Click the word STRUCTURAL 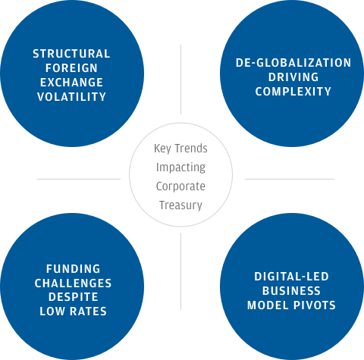click(x=71, y=54)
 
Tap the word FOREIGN click(x=71, y=68)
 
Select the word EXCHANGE click(x=71, y=83)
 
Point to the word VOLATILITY click(x=71, y=97)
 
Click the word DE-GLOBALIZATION click(x=293, y=63)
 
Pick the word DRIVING click(x=293, y=77)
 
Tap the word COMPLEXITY click(x=293, y=92)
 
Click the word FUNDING click(x=74, y=269)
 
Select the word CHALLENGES click(x=74, y=283)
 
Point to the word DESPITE click(x=74, y=297)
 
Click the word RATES click(x=88, y=311)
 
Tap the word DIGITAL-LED click(x=291, y=277)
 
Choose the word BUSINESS click(x=291, y=291)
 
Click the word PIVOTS click(x=315, y=305)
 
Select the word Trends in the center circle click(x=191, y=149)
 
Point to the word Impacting click(x=180, y=167)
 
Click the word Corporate click(x=180, y=186)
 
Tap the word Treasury click(x=180, y=205)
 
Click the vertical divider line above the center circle click(x=180, y=80)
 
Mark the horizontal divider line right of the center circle click(x=290, y=179)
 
